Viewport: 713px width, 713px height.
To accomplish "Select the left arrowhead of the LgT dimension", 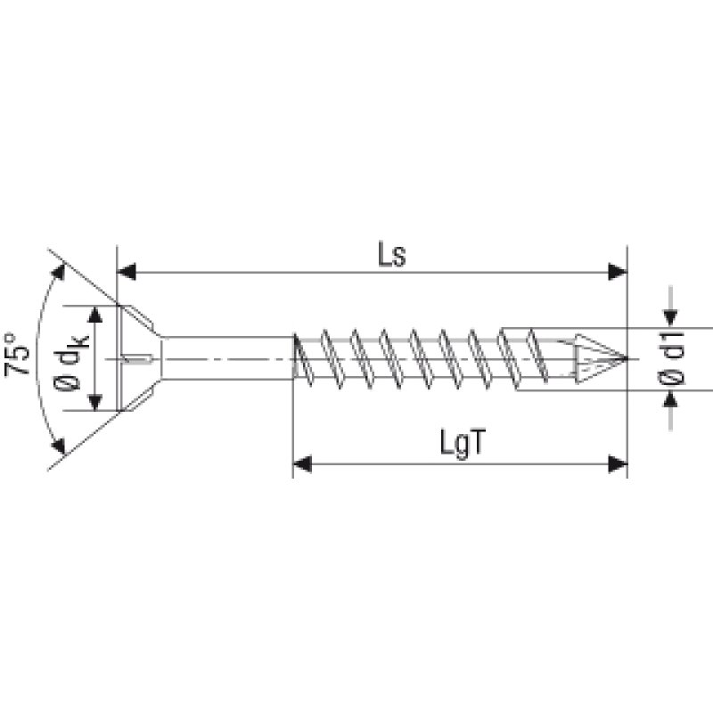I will (x=303, y=463).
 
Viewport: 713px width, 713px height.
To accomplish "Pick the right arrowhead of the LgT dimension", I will (x=617, y=463).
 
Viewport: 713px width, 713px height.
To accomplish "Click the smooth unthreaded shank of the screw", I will (x=227, y=358).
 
